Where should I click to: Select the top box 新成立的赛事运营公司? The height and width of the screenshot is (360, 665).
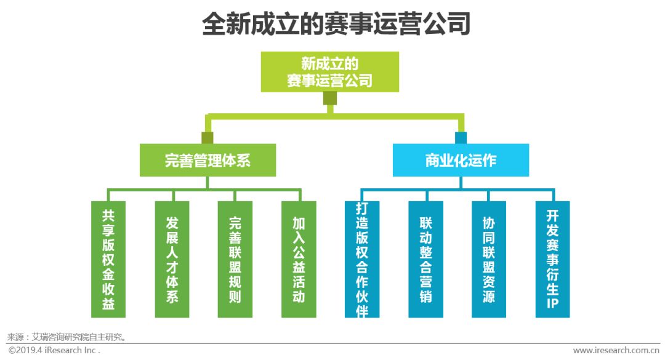pyautogui.click(x=329, y=71)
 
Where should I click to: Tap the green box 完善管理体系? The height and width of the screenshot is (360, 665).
pyautogui.click(x=208, y=160)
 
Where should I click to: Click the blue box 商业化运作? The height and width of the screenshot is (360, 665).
pyautogui.click(x=461, y=160)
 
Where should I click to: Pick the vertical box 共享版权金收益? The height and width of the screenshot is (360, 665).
pyautogui.click(x=108, y=259)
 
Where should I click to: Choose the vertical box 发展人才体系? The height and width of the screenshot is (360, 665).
pyautogui.click(x=172, y=259)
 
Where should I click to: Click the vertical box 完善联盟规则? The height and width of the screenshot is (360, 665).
pyautogui.click(x=235, y=259)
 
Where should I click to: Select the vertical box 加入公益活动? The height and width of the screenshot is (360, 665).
pyautogui.click(x=299, y=259)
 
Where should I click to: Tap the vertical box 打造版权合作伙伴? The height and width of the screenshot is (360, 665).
pyautogui.click(x=362, y=259)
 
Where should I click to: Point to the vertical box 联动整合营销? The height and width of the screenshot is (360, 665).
pyautogui.click(x=425, y=259)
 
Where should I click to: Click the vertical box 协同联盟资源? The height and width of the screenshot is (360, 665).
pyautogui.click(x=489, y=259)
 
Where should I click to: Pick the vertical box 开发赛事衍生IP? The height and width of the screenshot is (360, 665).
pyautogui.click(x=552, y=259)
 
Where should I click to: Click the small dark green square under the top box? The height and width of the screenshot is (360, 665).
pyautogui.click(x=330, y=98)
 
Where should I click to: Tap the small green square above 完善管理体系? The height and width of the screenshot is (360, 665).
pyautogui.click(x=208, y=137)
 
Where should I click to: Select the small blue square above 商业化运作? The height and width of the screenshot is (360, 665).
pyautogui.click(x=461, y=137)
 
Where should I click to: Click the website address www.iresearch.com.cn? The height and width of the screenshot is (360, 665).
pyautogui.click(x=616, y=350)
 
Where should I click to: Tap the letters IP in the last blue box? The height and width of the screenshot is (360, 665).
pyautogui.click(x=552, y=303)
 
